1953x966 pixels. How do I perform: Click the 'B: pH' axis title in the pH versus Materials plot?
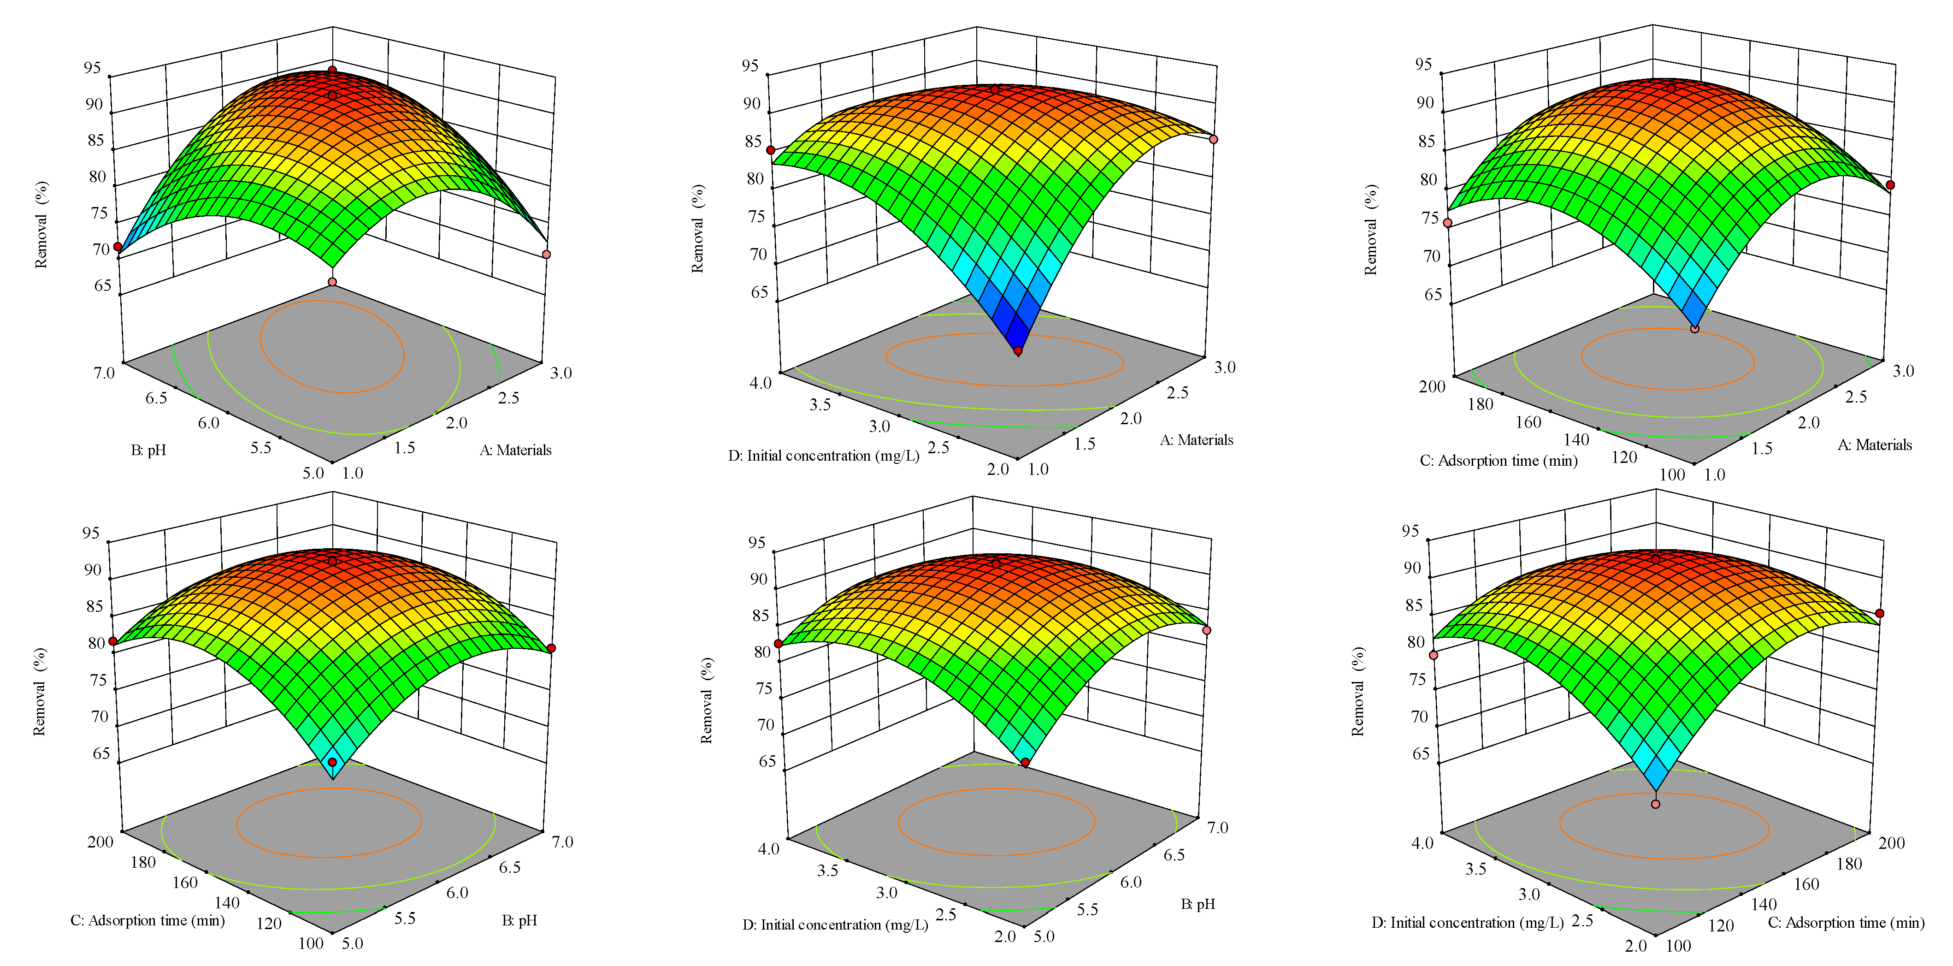[148, 450]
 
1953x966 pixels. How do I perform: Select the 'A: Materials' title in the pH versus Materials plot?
[515, 450]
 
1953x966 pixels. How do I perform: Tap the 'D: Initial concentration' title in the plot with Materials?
[823, 456]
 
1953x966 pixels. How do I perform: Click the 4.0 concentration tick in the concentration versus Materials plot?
[761, 383]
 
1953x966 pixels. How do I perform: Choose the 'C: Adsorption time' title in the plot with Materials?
[1498, 460]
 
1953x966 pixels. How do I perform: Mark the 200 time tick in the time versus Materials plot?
[1432, 387]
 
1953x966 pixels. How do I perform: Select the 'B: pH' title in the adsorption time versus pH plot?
[519, 920]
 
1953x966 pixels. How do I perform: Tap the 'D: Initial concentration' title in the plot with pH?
[835, 925]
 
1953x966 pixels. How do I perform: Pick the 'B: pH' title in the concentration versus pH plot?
[1198, 904]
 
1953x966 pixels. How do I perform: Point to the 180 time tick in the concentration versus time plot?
[1848, 864]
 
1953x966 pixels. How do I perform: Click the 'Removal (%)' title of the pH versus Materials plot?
[41, 225]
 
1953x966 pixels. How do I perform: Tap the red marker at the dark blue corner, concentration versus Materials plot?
[1017, 350]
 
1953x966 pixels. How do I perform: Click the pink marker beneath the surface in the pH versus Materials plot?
[332, 282]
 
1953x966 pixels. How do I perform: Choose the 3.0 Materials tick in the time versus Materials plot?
[1903, 371]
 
